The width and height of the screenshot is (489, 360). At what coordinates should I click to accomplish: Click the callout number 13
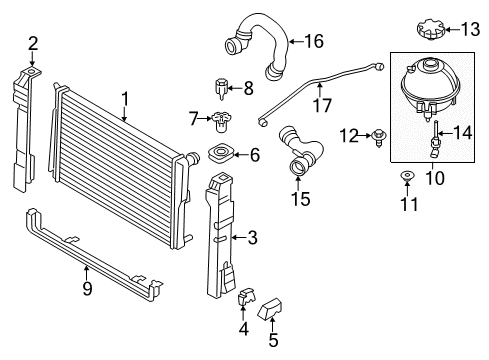470,29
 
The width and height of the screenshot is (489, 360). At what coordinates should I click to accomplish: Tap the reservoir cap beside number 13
431,30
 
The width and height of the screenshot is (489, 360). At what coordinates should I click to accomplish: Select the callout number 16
314,41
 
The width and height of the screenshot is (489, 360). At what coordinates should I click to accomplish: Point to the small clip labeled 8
221,88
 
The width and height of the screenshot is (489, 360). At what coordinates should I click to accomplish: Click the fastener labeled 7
221,121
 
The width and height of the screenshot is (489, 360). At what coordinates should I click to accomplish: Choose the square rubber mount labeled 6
220,154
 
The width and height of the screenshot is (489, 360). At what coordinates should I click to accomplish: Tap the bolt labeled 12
379,137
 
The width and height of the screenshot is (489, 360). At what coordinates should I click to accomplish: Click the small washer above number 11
407,175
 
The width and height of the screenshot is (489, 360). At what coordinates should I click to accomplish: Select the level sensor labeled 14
434,140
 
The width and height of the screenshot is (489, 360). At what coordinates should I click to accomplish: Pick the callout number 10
435,178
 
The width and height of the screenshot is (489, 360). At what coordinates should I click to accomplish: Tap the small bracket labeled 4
246,296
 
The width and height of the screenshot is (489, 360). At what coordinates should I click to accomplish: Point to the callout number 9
87,288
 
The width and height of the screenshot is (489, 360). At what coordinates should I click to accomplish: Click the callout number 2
33,43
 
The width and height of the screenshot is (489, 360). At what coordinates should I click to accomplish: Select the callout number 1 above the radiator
125,99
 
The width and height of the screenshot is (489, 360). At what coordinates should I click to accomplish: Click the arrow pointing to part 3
239,237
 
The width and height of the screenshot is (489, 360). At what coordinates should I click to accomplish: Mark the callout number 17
322,105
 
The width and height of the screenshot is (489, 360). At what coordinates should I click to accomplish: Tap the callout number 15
300,199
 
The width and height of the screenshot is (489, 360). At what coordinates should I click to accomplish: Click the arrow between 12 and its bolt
365,135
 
